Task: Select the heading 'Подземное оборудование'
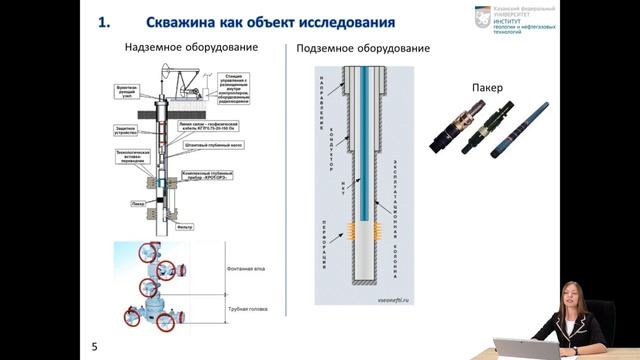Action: [363, 48]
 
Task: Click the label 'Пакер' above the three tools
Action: [485, 88]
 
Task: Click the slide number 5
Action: [94, 346]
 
